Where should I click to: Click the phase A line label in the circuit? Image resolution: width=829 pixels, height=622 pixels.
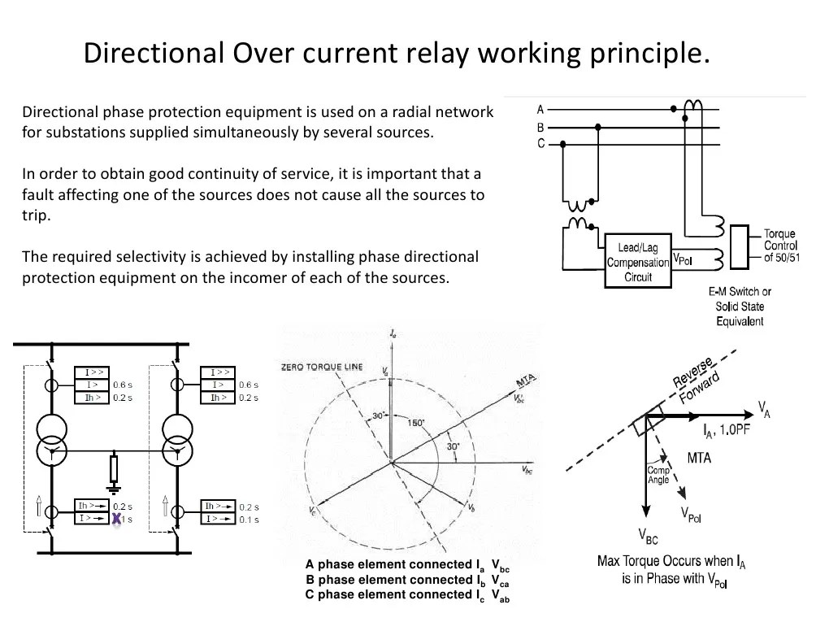coord(540,109)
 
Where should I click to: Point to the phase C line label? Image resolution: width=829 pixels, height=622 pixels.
coord(540,144)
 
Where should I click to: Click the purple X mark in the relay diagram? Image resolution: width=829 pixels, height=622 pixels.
coord(117,519)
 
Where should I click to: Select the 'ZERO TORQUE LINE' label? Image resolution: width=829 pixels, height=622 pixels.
coord(322,367)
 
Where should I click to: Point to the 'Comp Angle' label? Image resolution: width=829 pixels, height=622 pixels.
coord(658,475)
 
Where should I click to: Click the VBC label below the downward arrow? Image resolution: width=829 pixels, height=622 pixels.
coord(648,536)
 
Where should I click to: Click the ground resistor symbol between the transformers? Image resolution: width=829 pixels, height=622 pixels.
coord(114,469)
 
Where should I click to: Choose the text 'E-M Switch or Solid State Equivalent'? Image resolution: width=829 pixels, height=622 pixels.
coord(740,306)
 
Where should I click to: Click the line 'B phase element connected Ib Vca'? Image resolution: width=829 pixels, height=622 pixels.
coord(407,581)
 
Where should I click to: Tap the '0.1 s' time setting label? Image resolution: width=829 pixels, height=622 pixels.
coord(248,519)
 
